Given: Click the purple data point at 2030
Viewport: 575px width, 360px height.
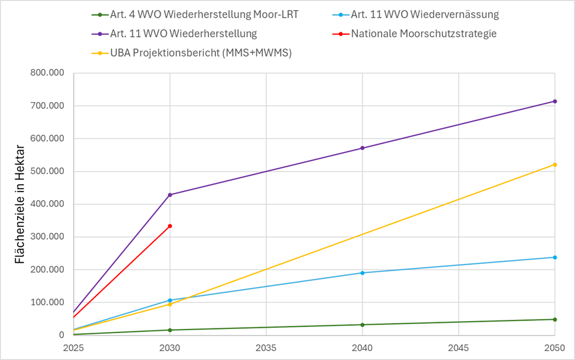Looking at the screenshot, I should pyautogui.click(x=170, y=195).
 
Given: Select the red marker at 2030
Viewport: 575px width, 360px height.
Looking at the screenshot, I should pyautogui.click(x=170, y=226).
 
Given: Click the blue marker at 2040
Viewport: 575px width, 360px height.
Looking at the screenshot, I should pyautogui.click(x=363, y=273).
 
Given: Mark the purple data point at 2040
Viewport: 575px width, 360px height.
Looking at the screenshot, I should pyautogui.click(x=363, y=148).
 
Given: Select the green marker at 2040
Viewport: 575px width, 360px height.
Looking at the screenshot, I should pyautogui.click(x=363, y=325).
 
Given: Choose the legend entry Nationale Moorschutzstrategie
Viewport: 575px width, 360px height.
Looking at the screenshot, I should pyautogui.click(x=423, y=33).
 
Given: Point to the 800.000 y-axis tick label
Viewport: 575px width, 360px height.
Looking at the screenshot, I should pyautogui.click(x=47, y=73).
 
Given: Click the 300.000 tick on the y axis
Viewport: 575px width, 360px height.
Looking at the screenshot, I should pyautogui.click(x=47, y=237).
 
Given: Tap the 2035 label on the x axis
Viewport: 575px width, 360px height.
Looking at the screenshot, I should pyautogui.click(x=266, y=349).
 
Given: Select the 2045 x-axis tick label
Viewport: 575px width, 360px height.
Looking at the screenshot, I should pyautogui.click(x=458, y=349).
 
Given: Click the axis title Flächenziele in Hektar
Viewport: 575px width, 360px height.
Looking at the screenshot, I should pyautogui.click(x=19, y=204).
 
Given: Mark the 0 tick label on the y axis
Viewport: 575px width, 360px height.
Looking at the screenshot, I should pyautogui.click(x=61, y=335).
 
